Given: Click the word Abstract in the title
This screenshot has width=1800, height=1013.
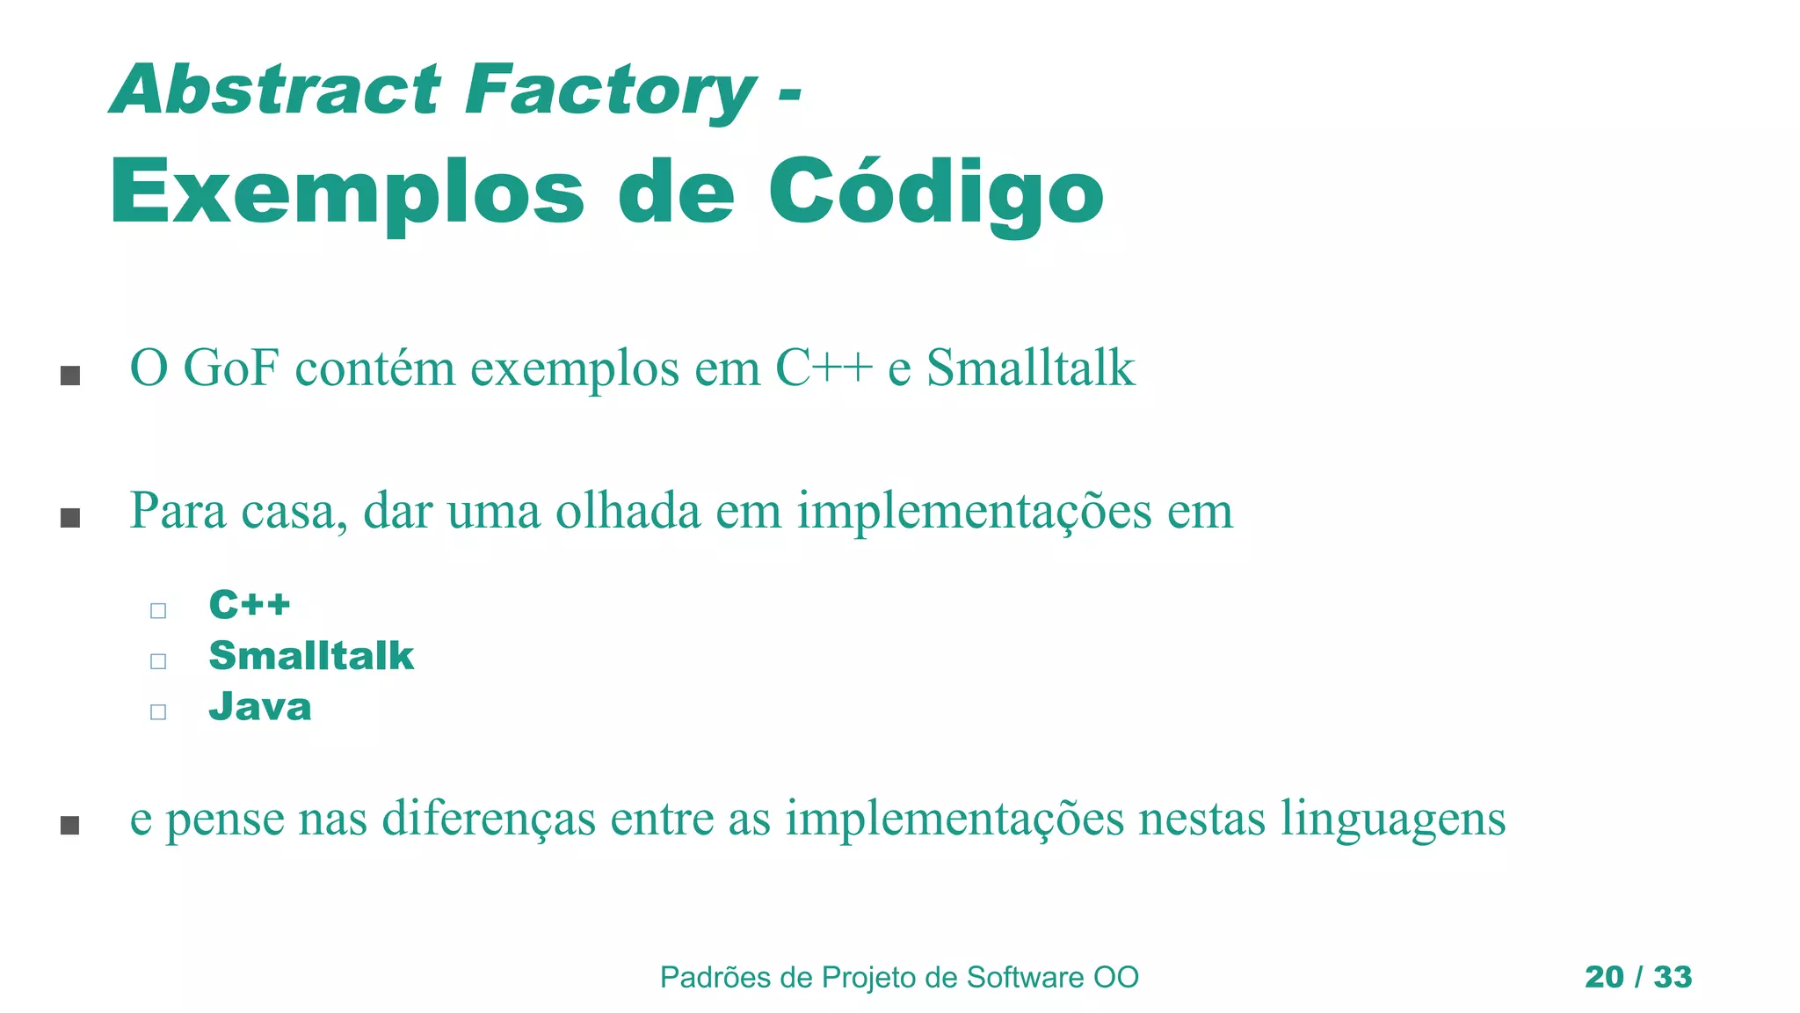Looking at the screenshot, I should [274, 90].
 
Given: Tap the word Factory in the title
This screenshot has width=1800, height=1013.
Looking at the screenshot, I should [610, 90].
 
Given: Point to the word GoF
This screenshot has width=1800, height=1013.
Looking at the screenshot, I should [230, 368].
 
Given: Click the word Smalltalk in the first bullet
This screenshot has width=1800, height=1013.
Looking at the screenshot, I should [1030, 368].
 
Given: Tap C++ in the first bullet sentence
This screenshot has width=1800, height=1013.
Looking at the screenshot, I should [824, 368].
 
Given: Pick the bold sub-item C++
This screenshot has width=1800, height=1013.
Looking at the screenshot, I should [250, 605].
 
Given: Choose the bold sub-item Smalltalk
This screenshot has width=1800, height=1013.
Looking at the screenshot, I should [311, 656].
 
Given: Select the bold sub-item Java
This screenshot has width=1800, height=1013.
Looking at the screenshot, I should [260, 707].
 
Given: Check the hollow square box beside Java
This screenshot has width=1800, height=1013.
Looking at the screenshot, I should [158, 711].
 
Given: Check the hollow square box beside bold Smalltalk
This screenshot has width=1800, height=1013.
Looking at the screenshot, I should [158, 660].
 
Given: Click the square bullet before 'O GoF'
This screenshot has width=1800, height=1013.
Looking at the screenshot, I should [70, 376].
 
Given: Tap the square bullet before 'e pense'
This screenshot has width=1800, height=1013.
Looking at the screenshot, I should [70, 825].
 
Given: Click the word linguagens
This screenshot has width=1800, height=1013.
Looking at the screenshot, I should [1392, 818].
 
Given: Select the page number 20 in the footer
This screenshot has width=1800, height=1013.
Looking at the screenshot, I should [1604, 977].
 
